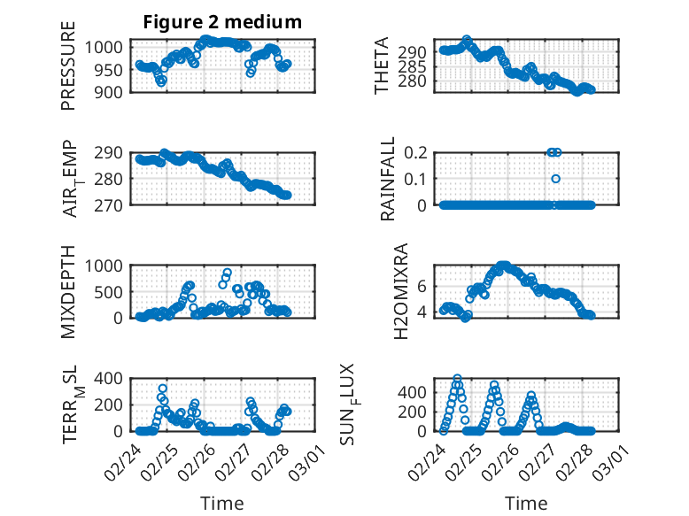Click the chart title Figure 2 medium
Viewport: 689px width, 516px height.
(x=222, y=22)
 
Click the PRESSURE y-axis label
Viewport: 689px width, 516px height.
(x=68, y=73)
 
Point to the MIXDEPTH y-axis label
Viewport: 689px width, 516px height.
(x=68, y=291)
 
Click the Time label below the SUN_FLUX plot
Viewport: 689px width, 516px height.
(x=526, y=504)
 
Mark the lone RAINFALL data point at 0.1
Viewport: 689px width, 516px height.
(x=556, y=179)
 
